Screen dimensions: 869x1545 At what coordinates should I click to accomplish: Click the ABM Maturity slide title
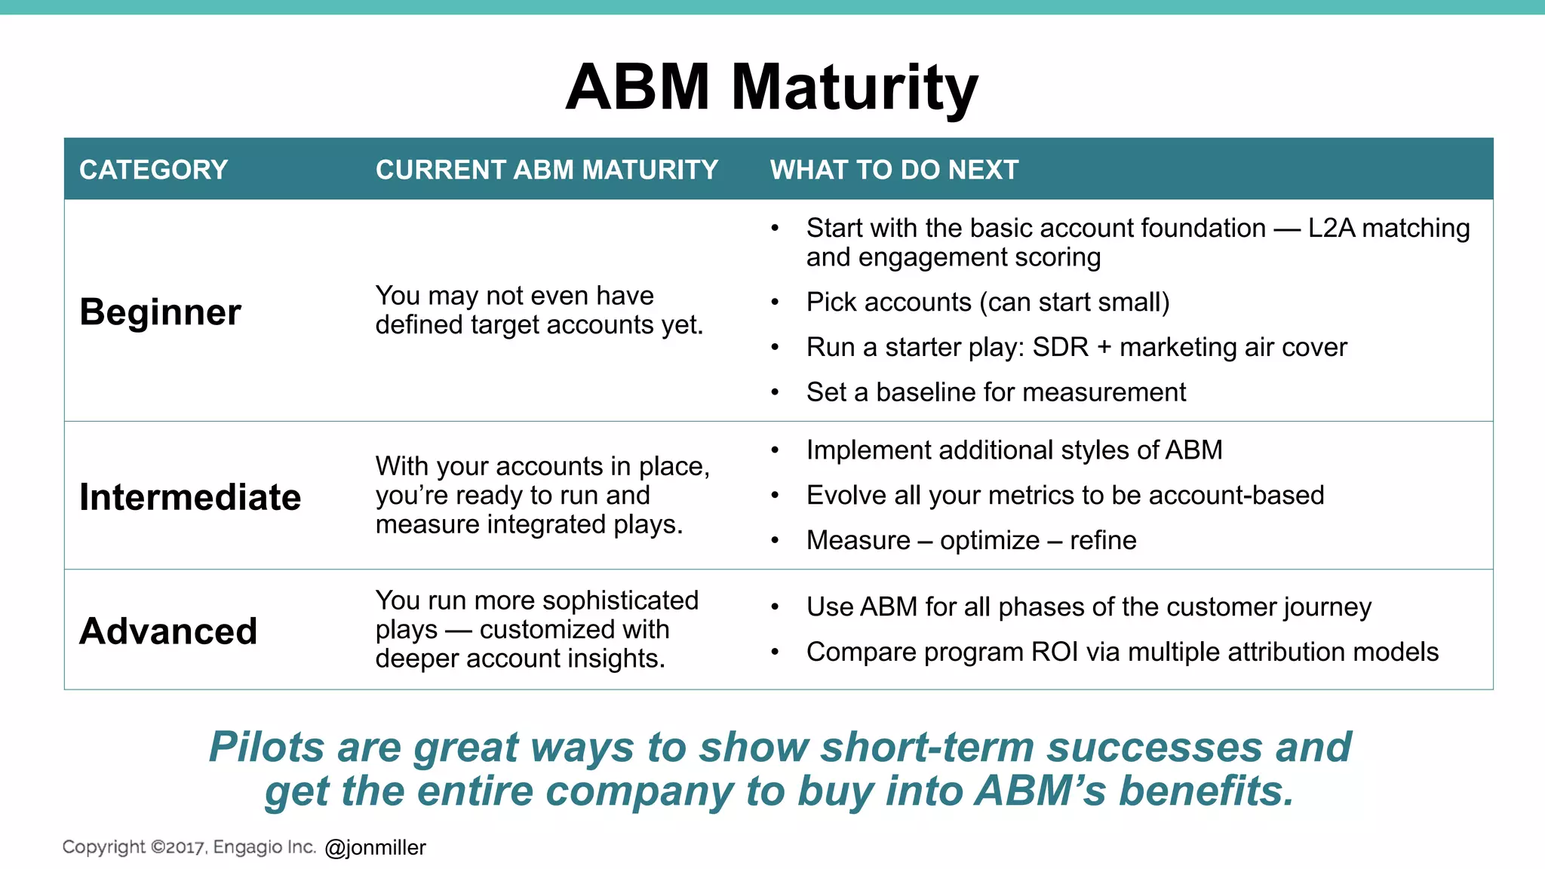click(x=771, y=88)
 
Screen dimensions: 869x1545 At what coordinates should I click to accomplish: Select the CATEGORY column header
click(x=153, y=170)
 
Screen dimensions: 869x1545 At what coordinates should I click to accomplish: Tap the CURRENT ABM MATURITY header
click(x=546, y=170)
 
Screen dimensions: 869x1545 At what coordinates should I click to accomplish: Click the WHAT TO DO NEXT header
click(x=894, y=170)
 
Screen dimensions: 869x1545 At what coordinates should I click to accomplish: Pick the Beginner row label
click(x=160, y=312)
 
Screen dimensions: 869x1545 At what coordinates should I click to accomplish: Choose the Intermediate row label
click(x=190, y=498)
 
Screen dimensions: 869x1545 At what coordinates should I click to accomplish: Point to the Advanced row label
click(x=168, y=631)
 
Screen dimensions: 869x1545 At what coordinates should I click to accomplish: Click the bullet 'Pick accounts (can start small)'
click(x=987, y=302)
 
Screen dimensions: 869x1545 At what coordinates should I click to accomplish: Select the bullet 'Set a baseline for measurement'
click(x=995, y=392)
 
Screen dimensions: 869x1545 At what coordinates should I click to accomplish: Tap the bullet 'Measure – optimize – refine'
click(x=970, y=541)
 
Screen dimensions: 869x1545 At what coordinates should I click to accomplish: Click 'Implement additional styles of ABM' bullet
click(x=1013, y=450)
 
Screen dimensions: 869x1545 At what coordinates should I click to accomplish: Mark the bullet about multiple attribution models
click(x=1121, y=652)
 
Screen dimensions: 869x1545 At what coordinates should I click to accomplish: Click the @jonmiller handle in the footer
click(x=375, y=848)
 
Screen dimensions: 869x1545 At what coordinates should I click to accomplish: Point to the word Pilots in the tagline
click(x=266, y=748)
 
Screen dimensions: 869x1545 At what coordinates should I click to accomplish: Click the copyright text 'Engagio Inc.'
click(x=264, y=847)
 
